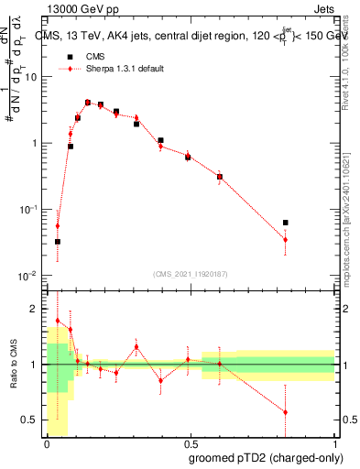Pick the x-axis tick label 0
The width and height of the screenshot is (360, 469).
46,444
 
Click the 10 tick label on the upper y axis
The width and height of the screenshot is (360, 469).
31,77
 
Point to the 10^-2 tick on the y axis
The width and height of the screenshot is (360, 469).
29,276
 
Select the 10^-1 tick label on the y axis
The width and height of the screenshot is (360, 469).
29,210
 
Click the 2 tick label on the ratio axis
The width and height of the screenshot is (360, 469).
37,310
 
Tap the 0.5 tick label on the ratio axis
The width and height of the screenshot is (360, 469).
33,420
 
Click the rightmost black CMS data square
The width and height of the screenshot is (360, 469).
286,223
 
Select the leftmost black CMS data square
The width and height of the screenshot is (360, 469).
58,242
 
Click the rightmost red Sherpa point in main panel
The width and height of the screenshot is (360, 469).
286,240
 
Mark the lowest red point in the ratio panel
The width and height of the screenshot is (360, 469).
286,412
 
